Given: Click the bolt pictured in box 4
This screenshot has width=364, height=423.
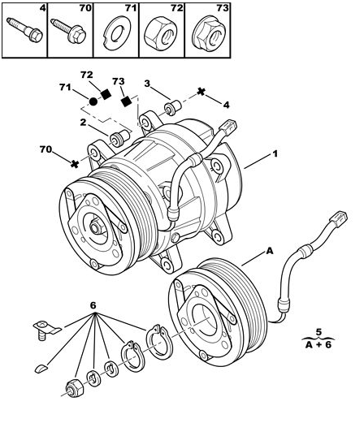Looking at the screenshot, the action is pyautogui.click(x=24, y=30).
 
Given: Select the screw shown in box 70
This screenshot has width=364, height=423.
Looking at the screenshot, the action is pyautogui.click(x=68, y=31).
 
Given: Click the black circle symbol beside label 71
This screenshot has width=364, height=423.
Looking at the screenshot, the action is pyautogui.click(x=93, y=101).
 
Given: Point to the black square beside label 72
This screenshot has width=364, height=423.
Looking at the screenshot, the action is pyautogui.click(x=106, y=94).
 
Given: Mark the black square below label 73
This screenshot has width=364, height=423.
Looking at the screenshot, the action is pyautogui.click(x=126, y=101).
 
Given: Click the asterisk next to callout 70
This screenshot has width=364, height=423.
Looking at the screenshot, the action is pyautogui.click(x=75, y=164).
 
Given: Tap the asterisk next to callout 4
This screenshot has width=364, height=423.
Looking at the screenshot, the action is pyautogui.click(x=201, y=92).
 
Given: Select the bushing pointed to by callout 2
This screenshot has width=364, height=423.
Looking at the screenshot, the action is pyautogui.click(x=119, y=138).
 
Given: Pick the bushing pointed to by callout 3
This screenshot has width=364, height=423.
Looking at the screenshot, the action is pyautogui.click(x=173, y=108).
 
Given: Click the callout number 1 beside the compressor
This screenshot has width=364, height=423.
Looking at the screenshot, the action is pyautogui.click(x=275, y=154).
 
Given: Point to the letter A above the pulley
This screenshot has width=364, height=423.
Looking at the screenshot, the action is pyautogui.click(x=270, y=251).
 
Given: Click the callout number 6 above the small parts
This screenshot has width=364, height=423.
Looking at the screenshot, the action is pyautogui.click(x=93, y=305).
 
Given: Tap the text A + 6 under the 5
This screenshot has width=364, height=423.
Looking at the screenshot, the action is pyautogui.click(x=318, y=345).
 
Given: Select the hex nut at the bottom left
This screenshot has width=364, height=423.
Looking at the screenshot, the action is pyautogui.click(x=75, y=388).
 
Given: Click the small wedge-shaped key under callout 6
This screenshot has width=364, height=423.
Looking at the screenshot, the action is pyautogui.click(x=41, y=368).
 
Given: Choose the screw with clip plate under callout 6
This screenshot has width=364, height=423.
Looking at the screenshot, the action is pyautogui.click(x=45, y=330).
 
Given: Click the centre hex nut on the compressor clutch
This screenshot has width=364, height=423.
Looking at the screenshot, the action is pyautogui.click(x=96, y=227).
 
